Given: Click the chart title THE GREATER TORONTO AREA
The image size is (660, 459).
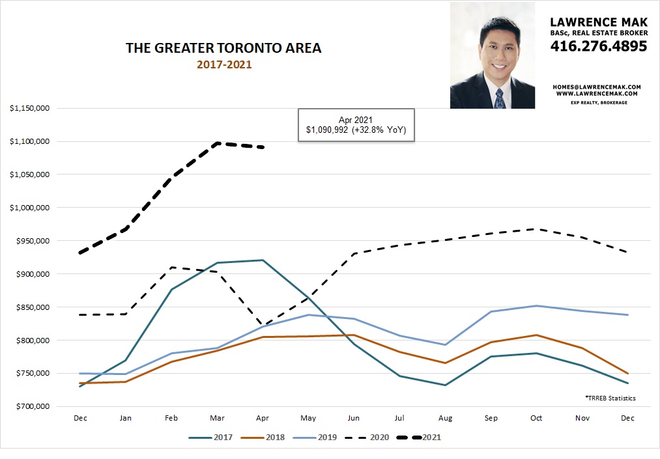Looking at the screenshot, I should pos(223,48).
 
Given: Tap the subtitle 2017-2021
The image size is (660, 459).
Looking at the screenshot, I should pos(223,64).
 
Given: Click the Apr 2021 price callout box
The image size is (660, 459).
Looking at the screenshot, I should pos(356,125).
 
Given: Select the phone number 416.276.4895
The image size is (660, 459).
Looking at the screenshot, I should pos(599,46).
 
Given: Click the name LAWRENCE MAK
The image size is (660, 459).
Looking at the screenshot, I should pos(599,21).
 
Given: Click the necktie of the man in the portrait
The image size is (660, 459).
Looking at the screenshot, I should pos(499,98).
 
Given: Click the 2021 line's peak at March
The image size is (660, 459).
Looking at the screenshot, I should pos(217,143).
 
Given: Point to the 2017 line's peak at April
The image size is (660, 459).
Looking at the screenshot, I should pos(262,260).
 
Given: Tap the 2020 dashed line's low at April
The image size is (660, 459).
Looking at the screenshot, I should pos(262,325).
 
